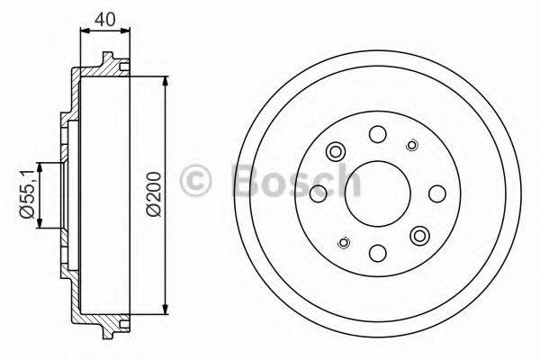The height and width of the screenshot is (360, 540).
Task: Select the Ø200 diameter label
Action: pos(154,193)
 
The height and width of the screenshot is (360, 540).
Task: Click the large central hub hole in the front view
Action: pos(378,193)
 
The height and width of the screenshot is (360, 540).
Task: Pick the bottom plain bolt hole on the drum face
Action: pos(378,252)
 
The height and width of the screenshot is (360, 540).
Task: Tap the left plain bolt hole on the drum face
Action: pos(319,193)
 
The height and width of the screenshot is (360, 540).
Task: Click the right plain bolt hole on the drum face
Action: pos(437,193)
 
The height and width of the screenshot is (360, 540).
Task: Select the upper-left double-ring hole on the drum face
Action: pos(337,151)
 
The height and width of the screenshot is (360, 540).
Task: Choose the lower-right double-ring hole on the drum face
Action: pos(419,235)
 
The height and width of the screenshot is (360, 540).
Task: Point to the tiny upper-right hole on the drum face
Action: pos(413,145)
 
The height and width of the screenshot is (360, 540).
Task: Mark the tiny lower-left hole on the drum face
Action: pos(343,241)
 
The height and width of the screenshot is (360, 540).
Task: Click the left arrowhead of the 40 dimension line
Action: pos(84,31)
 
